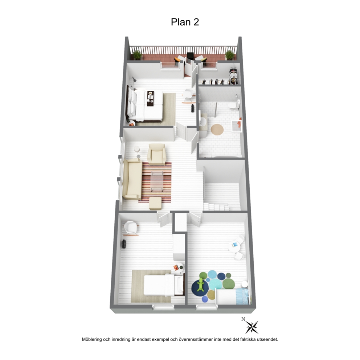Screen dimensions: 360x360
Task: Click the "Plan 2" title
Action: tap(185, 22)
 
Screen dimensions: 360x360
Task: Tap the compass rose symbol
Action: tap(252, 327)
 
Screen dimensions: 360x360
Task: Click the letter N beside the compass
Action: tap(244, 319)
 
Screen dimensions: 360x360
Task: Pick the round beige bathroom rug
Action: tap(217, 130)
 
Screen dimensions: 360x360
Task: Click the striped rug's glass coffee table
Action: tap(157, 181)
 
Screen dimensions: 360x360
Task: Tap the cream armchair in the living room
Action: tap(157, 154)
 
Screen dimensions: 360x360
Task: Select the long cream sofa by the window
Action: tap(132, 179)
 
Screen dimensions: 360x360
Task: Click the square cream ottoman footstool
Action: tap(155, 203)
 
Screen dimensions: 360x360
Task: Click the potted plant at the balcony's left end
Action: tap(137, 55)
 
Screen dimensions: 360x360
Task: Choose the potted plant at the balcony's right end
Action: tap(229, 55)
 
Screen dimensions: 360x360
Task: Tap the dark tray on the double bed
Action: tap(151, 98)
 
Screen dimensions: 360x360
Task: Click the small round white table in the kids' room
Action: tap(234, 246)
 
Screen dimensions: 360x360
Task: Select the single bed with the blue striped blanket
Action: tap(232, 296)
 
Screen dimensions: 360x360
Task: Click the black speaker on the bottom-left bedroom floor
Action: tap(124, 244)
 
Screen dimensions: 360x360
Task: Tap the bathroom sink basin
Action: tap(203, 121)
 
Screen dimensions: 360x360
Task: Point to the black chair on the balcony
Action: tap(190, 56)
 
